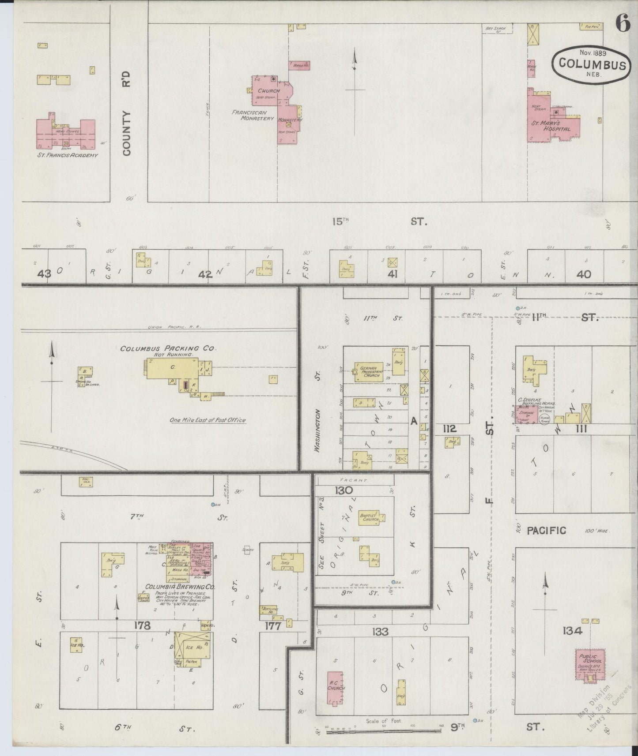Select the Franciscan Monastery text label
click(x=253, y=115)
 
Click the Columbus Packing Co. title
click(x=168, y=348)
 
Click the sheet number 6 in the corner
click(x=622, y=25)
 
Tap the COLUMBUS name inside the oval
click(x=592, y=64)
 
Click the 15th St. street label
click(x=380, y=221)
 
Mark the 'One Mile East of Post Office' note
click(x=208, y=420)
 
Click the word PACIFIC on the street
click(x=547, y=531)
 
